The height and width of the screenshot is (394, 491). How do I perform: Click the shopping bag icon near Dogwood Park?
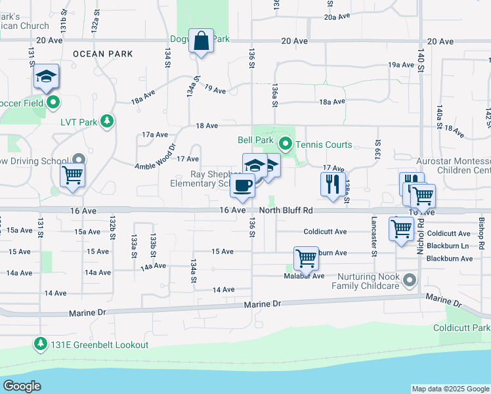202,41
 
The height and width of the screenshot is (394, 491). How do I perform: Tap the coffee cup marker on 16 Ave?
243,186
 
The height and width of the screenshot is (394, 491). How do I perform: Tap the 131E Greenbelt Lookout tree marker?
40,344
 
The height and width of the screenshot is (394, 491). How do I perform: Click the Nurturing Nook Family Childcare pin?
410,280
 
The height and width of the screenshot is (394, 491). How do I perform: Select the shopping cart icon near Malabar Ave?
307,259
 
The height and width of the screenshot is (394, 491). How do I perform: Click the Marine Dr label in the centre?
262,305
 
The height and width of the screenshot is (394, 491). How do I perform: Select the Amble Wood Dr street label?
156,158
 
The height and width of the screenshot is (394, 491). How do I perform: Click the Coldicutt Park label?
461,328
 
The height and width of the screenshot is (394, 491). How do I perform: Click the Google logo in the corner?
22,385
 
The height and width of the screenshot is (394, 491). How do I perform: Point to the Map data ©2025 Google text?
450,389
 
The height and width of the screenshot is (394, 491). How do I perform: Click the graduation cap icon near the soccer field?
47,77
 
